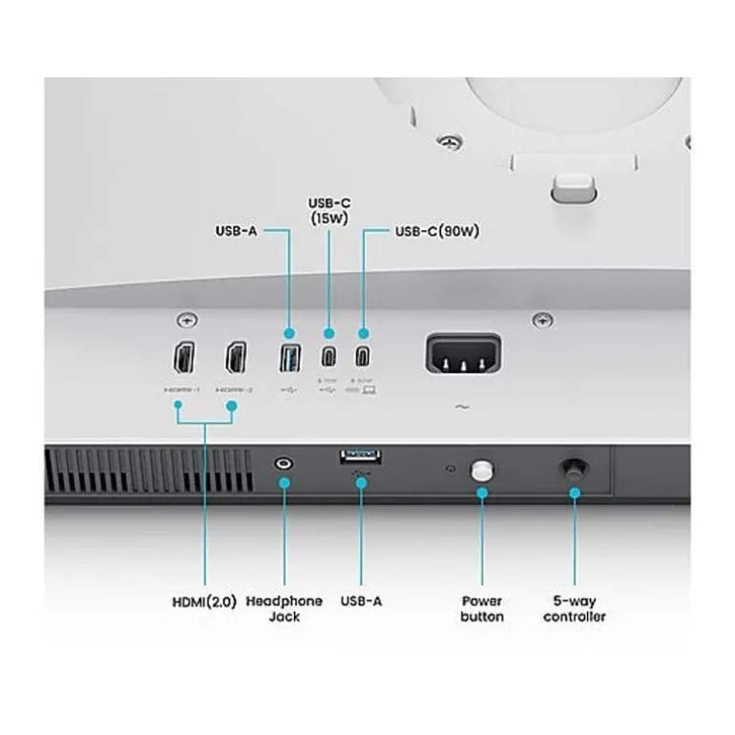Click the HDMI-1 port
click(x=184, y=359)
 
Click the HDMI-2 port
click(x=236, y=359)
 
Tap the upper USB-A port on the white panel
click(x=290, y=360)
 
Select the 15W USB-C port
click(x=328, y=359)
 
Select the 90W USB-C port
click(x=363, y=359)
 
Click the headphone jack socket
click(x=283, y=464)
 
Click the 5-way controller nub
click(x=574, y=468)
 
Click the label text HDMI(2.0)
click(x=204, y=601)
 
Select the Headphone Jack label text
click(x=284, y=609)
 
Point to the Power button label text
click(x=482, y=609)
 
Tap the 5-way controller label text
click(x=575, y=609)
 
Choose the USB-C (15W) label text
click(x=329, y=210)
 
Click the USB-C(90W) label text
click(x=436, y=232)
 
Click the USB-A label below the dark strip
click(x=361, y=601)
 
